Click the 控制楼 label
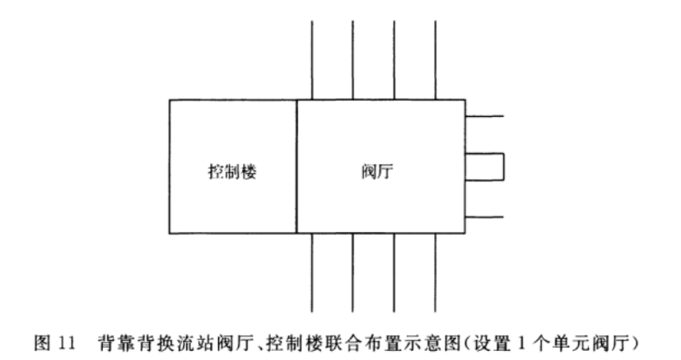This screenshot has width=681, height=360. pyautogui.click(x=232, y=173)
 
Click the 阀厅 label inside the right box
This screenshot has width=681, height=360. pyautogui.click(x=378, y=173)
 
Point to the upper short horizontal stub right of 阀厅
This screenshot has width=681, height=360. pyautogui.click(x=484, y=117)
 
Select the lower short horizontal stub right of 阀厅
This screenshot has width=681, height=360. pyautogui.click(x=484, y=217)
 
